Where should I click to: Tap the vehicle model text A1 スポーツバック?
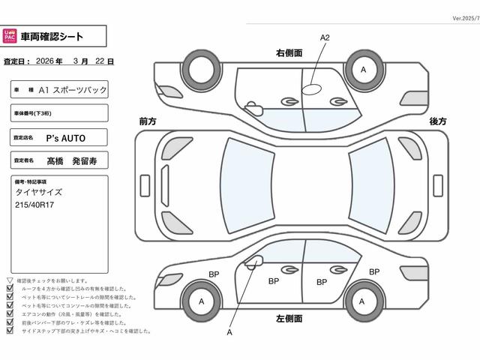pyautogui.click(x=72, y=89)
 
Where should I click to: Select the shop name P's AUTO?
pyautogui.click(x=66, y=137)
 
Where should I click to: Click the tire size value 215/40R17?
pyautogui.click(x=35, y=204)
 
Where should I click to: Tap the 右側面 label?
pyautogui.click(x=289, y=53)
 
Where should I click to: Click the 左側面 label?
pyautogui.click(x=289, y=318)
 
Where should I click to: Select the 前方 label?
pyautogui.click(x=148, y=121)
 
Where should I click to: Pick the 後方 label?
pyautogui.click(x=438, y=121)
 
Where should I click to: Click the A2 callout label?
pyautogui.click(x=325, y=37)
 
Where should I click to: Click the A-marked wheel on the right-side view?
pyautogui.click(x=364, y=70)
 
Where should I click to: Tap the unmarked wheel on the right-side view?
pyautogui.click(x=200, y=70)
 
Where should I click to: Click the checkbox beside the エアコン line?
pyautogui.click(x=10, y=313)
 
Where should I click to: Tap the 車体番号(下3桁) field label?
pyautogui.click(x=34, y=113)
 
